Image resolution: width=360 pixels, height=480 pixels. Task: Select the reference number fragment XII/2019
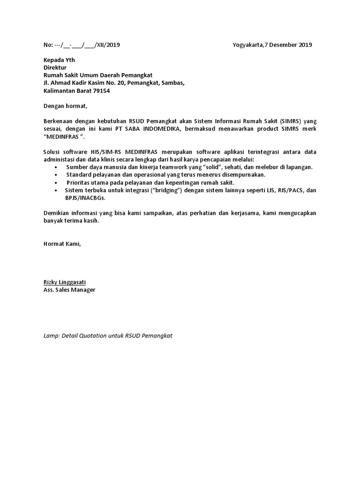(108, 45)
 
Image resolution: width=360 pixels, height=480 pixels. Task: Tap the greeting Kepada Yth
(59, 60)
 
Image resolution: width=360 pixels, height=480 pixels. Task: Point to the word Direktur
(55, 67)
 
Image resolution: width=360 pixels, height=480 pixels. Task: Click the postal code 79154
(101, 90)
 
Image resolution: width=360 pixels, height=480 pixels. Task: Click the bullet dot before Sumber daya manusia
(56, 167)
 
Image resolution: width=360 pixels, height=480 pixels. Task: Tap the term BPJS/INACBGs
(85, 198)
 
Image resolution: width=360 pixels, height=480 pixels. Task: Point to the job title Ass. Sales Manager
(69, 290)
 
